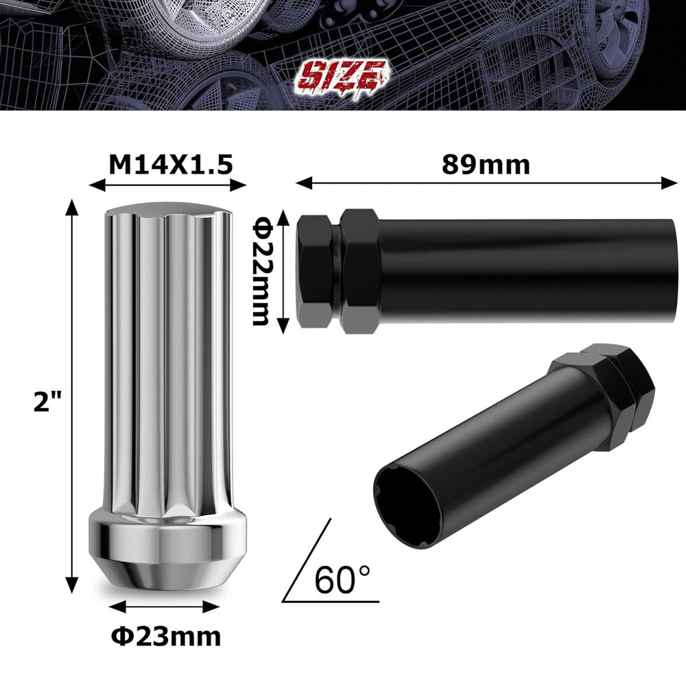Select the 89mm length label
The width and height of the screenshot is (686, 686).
click(486, 165)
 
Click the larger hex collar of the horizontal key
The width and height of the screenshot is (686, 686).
click(360, 271)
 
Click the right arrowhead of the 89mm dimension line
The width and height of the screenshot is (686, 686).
click(673, 182)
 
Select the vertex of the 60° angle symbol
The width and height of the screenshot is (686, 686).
click(283, 602)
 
